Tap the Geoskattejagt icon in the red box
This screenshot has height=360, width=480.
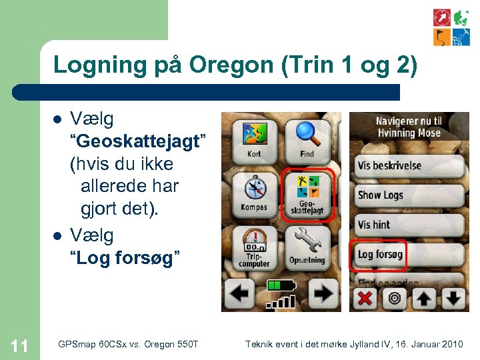click(307, 193)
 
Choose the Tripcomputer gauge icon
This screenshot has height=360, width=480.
click(254, 245)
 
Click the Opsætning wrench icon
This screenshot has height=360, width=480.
click(307, 245)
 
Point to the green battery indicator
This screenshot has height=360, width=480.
click(281, 286)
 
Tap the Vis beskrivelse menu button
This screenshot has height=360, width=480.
click(408, 165)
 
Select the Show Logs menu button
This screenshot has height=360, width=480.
click(408, 195)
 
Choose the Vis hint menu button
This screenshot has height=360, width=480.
click(408, 225)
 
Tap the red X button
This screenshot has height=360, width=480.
click(365, 298)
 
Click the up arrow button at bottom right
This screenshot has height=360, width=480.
click(424, 298)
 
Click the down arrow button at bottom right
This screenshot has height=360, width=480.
click(453, 298)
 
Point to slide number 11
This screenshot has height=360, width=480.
click(19, 345)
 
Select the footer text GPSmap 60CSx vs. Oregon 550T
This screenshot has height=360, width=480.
click(128, 344)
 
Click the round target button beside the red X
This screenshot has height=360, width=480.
click(394, 298)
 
